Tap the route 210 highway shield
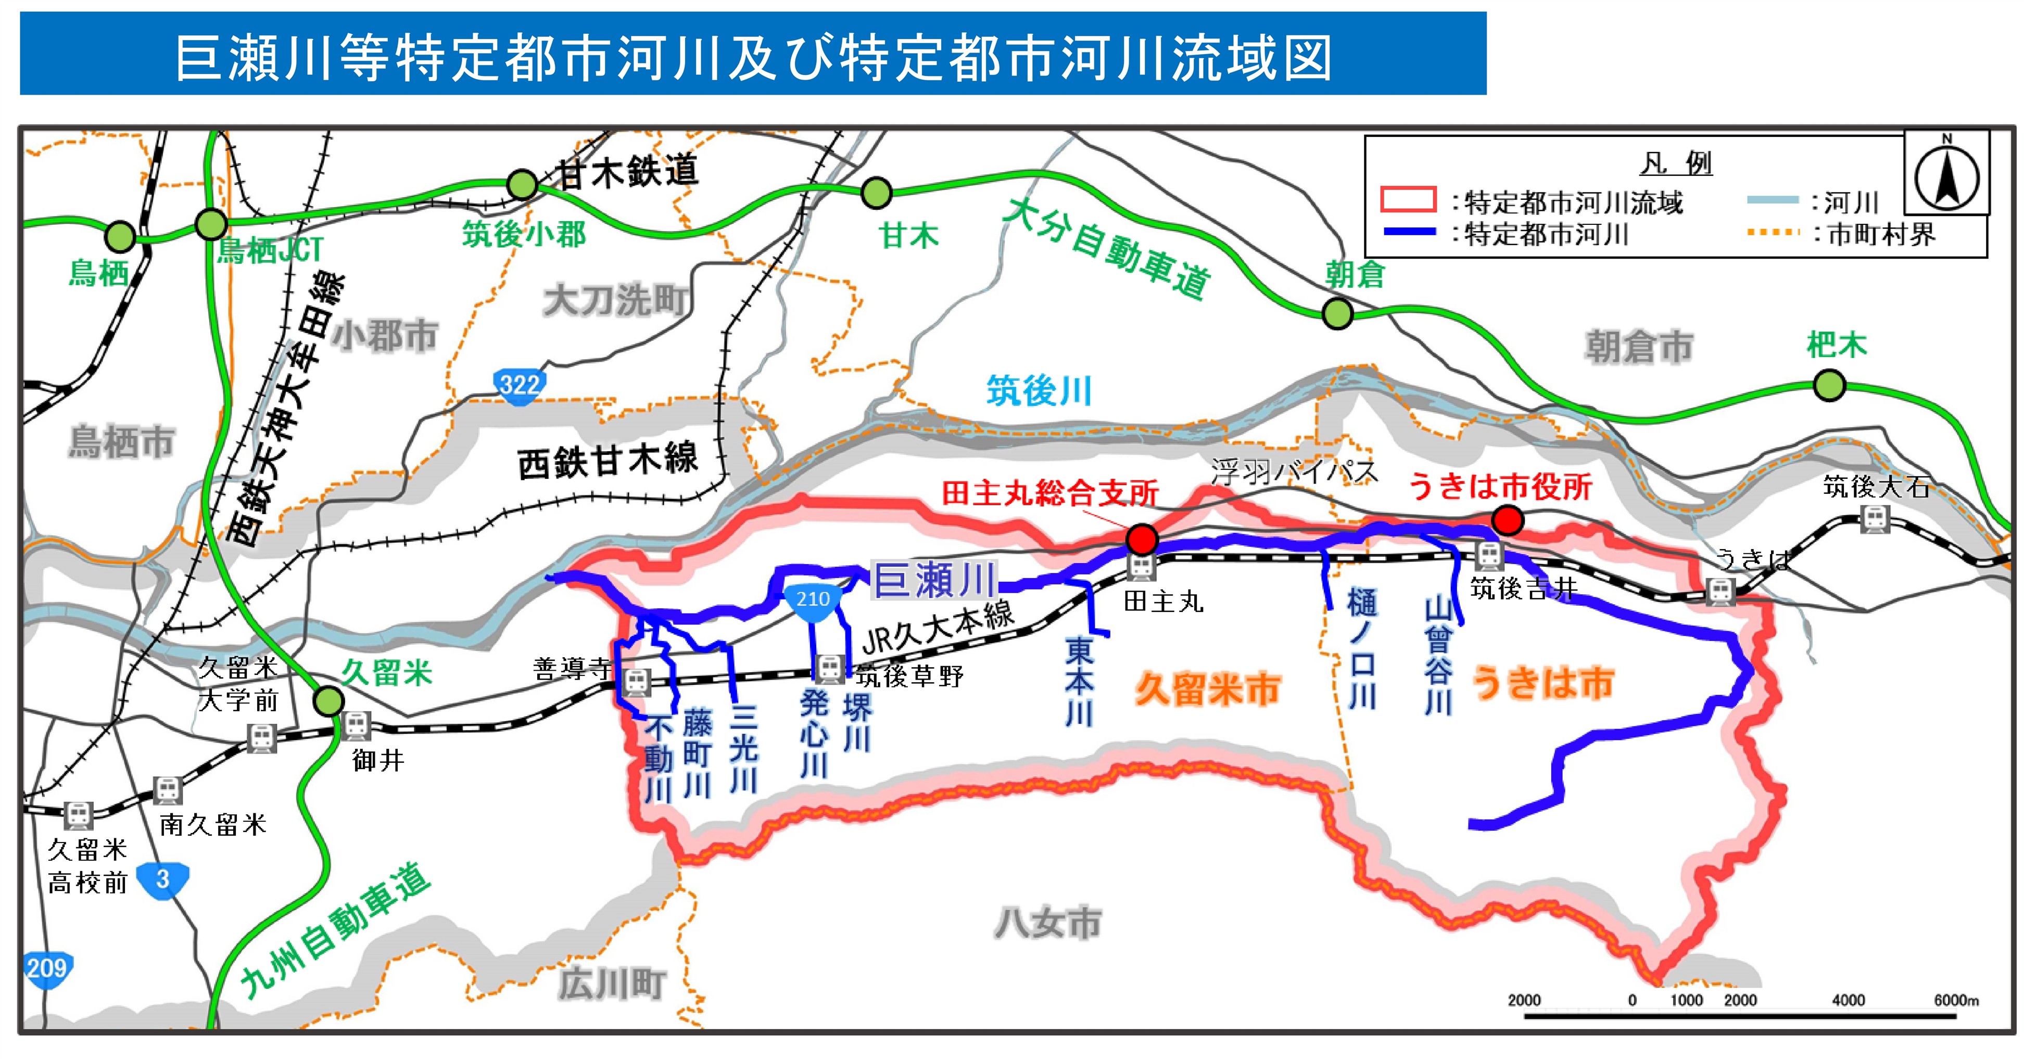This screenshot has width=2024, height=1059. point(813,602)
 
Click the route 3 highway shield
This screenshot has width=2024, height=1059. point(162,880)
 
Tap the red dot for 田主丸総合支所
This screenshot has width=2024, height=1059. point(1142,539)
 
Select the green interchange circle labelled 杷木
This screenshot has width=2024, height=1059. point(1829,385)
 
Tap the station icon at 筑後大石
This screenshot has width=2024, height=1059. point(1875,518)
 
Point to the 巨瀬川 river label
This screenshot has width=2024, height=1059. point(935,581)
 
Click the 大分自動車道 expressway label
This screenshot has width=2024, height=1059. point(1108,248)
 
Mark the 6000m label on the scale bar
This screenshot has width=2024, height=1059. point(1956,1000)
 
